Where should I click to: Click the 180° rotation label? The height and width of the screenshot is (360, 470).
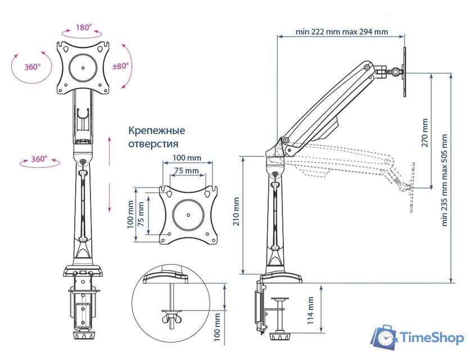click(x=85, y=27)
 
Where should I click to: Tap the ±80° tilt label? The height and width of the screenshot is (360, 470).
click(x=121, y=66)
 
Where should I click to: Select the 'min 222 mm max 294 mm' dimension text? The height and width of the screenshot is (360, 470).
click(x=341, y=31)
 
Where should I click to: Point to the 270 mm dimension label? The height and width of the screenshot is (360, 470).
click(x=424, y=132)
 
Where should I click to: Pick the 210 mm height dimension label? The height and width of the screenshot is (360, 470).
click(x=236, y=211)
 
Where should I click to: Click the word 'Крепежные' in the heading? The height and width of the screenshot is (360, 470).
click(x=157, y=130)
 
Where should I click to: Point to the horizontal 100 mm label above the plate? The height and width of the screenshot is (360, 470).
click(x=187, y=158)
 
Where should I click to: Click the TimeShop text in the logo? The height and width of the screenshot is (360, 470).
click(x=432, y=337)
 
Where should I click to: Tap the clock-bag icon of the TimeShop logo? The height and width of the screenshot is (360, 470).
click(x=385, y=336)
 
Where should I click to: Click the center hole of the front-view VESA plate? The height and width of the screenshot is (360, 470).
click(x=84, y=68)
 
